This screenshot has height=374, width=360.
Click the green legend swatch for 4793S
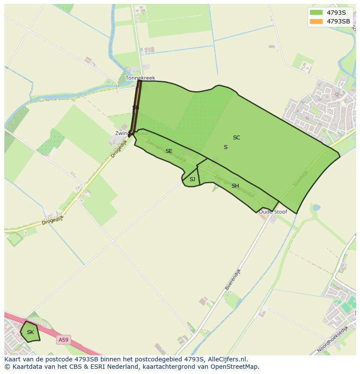pyautogui.click(x=316, y=12)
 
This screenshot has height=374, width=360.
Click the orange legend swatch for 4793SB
pyautogui.click(x=316, y=21)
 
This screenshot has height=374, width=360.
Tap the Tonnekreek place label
pyautogui.click(x=140, y=78)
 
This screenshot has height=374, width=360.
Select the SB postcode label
pyautogui.click(x=136, y=107)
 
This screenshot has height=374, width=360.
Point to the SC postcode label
pyautogui.click(x=237, y=138)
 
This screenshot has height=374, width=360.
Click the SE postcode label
pyautogui.click(x=169, y=151)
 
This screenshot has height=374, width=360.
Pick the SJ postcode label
pyautogui.click(x=192, y=179)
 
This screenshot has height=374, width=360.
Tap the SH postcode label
pyautogui.click(x=235, y=186)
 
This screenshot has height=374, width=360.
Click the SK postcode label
pyautogui.click(x=30, y=332)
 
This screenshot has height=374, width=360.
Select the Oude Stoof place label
pyautogui.click(x=273, y=212)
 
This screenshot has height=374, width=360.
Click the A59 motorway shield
pyautogui.click(x=63, y=340)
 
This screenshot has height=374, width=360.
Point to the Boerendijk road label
pyautogui.click(x=233, y=279)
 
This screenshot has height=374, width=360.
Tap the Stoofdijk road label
pyautogui.click(x=300, y=178)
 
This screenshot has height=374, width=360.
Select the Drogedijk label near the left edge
pyautogui.click(x=53, y=220)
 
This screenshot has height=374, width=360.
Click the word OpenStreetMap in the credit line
pyautogui.click(x=236, y=367)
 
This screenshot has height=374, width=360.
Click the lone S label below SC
pyautogui.click(x=226, y=147)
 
